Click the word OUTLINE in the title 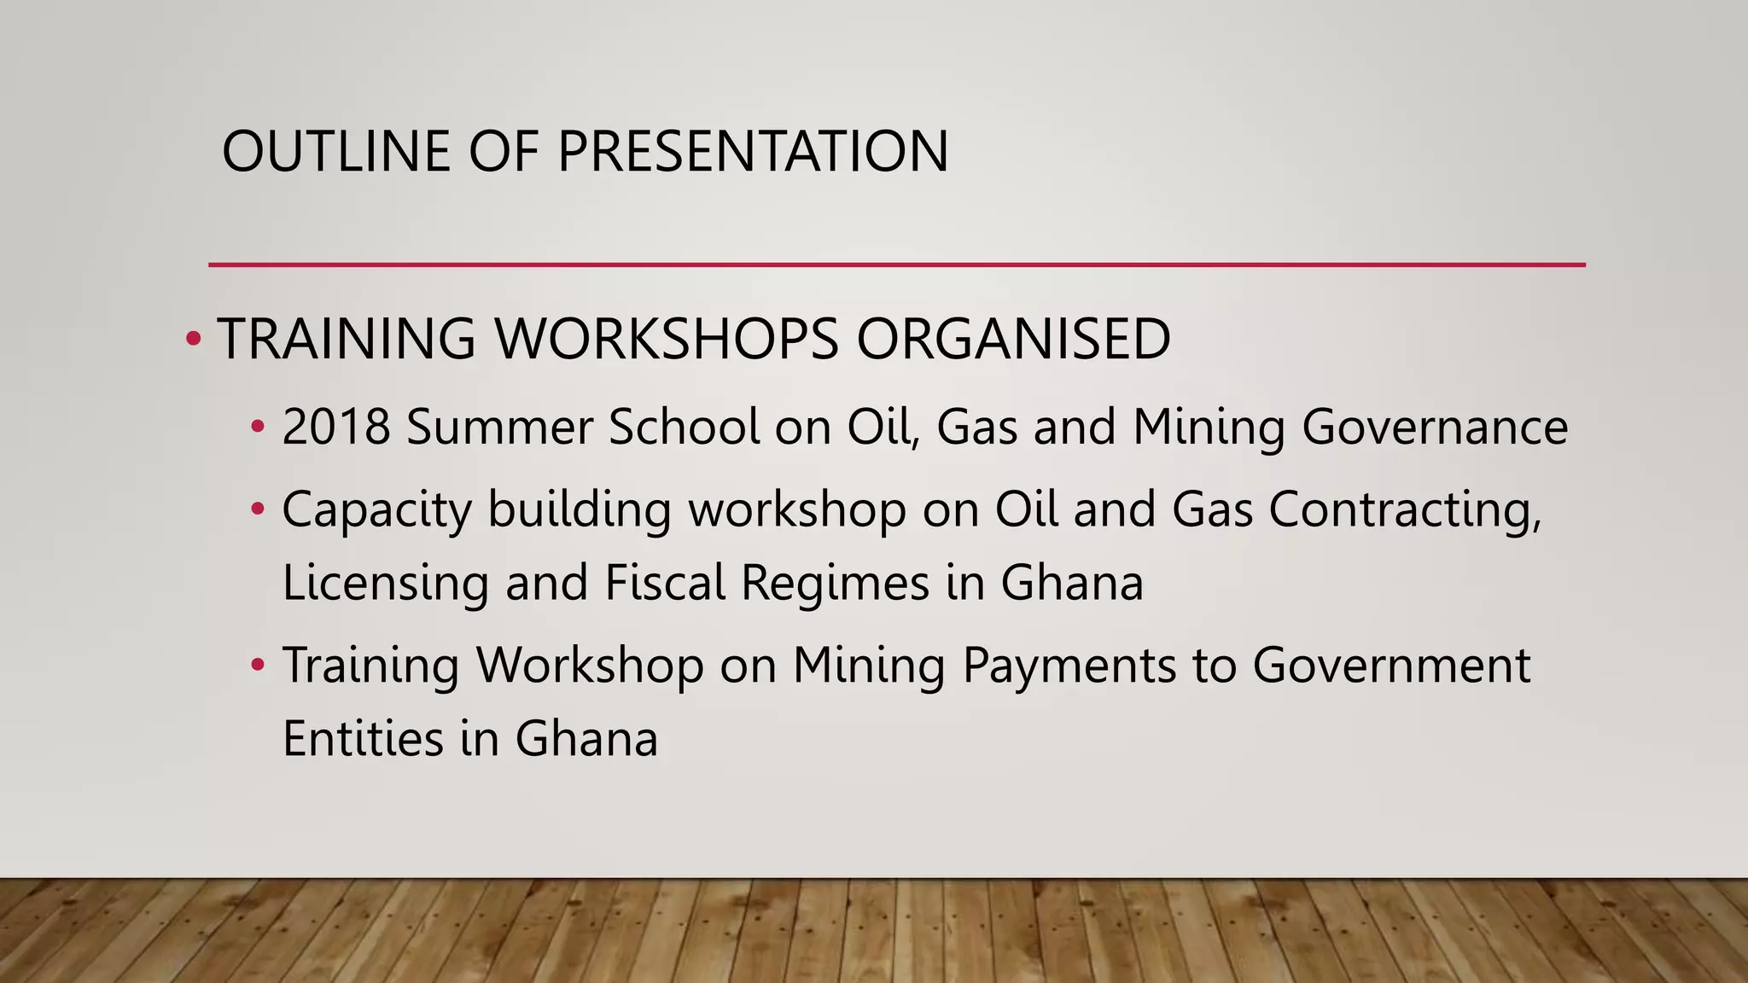(x=335, y=151)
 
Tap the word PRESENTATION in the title (x=753, y=151)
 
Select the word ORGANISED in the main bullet (x=1013, y=339)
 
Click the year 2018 (x=336, y=427)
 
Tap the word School (x=684, y=427)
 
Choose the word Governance (x=1435, y=427)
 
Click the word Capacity (x=376, y=510)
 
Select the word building (x=580, y=510)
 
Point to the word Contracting (x=1405, y=510)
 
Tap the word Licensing (x=386, y=584)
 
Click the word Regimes (x=835, y=584)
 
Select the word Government (x=1391, y=666)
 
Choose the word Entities (x=363, y=739)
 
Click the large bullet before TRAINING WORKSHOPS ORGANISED (x=193, y=340)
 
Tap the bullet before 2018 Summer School (x=258, y=427)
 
